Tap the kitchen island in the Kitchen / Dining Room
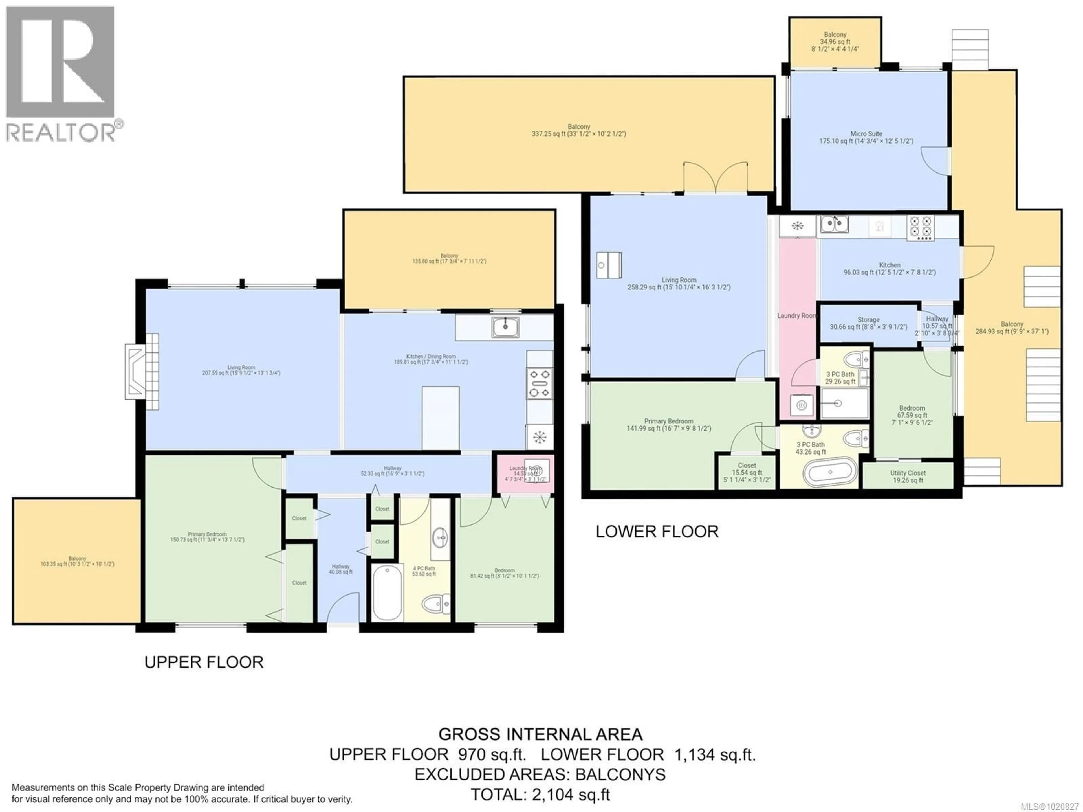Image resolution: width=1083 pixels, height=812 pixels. coord(441,417)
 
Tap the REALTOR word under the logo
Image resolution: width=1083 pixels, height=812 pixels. coord(60,132)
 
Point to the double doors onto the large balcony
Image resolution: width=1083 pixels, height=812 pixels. coord(716,177)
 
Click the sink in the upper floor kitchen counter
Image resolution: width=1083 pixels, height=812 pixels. coord(506,327)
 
